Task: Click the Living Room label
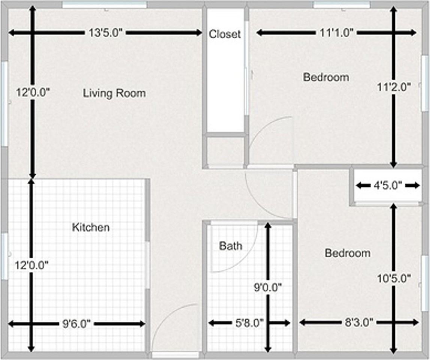pos(114,93)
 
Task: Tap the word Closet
pos(225,34)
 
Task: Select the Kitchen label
pos(91,227)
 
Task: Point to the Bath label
pos(230,246)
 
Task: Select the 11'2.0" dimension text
pos(394,87)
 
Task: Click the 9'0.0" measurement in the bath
pos(267,288)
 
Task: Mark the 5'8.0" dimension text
pos(249,322)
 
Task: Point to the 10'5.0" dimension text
pos(394,278)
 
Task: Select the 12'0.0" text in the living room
pos(33,92)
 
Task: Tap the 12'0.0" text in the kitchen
pos(32,265)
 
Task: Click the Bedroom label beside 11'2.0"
pos(326,77)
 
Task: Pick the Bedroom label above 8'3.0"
pos(347,253)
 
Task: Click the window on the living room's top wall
pos(105,4)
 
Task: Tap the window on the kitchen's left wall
pos(4,256)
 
